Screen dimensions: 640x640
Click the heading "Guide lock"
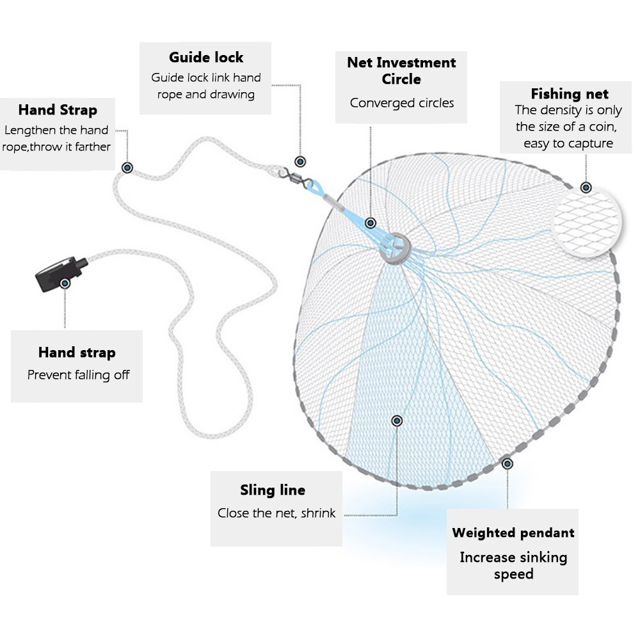pyautogui.click(x=206, y=58)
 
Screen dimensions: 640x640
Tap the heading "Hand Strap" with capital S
pyautogui.click(x=58, y=110)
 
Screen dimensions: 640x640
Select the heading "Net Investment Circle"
pyautogui.click(x=401, y=71)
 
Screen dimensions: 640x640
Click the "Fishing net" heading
pyautogui.click(x=570, y=94)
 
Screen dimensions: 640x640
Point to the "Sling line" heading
pyautogui.click(x=273, y=490)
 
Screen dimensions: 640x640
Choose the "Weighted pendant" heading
pyautogui.click(x=513, y=532)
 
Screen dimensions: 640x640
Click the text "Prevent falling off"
pyautogui.click(x=78, y=375)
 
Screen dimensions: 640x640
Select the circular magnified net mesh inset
pyautogui.click(x=587, y=223)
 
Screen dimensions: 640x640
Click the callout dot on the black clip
pyautogui.click(x=65, y=283)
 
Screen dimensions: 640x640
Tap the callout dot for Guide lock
pyautogui.click(x=300, y=161)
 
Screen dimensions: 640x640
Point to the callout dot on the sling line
pyautogui.click(x=397, y=420)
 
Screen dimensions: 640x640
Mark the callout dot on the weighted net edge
pyautogui.click(x=508, y=463)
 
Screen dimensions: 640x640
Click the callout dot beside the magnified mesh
pyautogui.click(x=585, y=188)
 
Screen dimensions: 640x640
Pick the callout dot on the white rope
pyautogui.click(x=128, y=168)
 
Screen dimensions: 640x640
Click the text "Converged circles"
pyautogui.click(x=402, y=103)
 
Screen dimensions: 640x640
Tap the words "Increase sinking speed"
pyautogui.click(x=513, y=565)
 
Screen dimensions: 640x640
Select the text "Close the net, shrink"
pyautogui.click(x=276, y=513)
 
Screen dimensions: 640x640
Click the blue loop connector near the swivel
pyautogui.click(x=314, y=186)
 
